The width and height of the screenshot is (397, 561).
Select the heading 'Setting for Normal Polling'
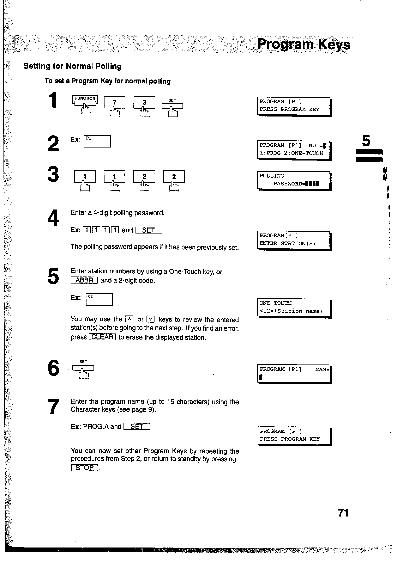pos(72,66)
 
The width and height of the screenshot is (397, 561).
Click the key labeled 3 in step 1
pos(144,102)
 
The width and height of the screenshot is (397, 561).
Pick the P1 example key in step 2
pos(97,141)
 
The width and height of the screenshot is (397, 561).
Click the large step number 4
pos(53,217)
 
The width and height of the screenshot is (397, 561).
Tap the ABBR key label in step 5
pos(84,280)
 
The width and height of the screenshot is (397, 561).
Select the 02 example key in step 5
pos(99,299)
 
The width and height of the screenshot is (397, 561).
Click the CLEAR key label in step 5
pos(102,337)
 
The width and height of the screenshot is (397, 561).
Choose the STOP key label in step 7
pos(84,468)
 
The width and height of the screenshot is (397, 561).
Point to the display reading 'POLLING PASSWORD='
pos(294,180)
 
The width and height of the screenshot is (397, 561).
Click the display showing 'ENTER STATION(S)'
pos(294,240)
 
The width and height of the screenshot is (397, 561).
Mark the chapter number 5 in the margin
pos(366,141)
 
